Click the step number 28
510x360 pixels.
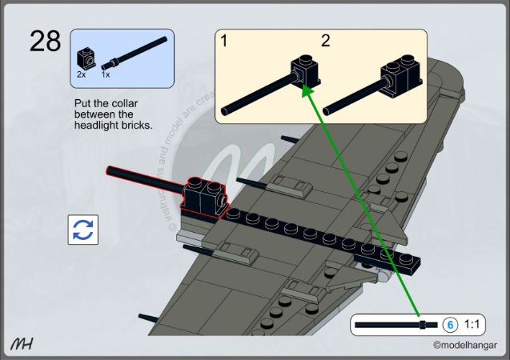coord(45,41)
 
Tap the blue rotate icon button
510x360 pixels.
coord(82,230)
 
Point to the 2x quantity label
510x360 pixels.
coord(81,74)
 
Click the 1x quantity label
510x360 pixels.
coord(106,74)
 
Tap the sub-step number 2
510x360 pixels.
coord(325,41)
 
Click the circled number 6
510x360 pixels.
coord(450,325)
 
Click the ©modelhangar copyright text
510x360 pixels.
coord(465,346)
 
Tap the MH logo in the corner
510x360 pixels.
coord(22,343)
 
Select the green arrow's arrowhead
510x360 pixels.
coord(304,90)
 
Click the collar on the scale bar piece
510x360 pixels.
coord(422,325)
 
